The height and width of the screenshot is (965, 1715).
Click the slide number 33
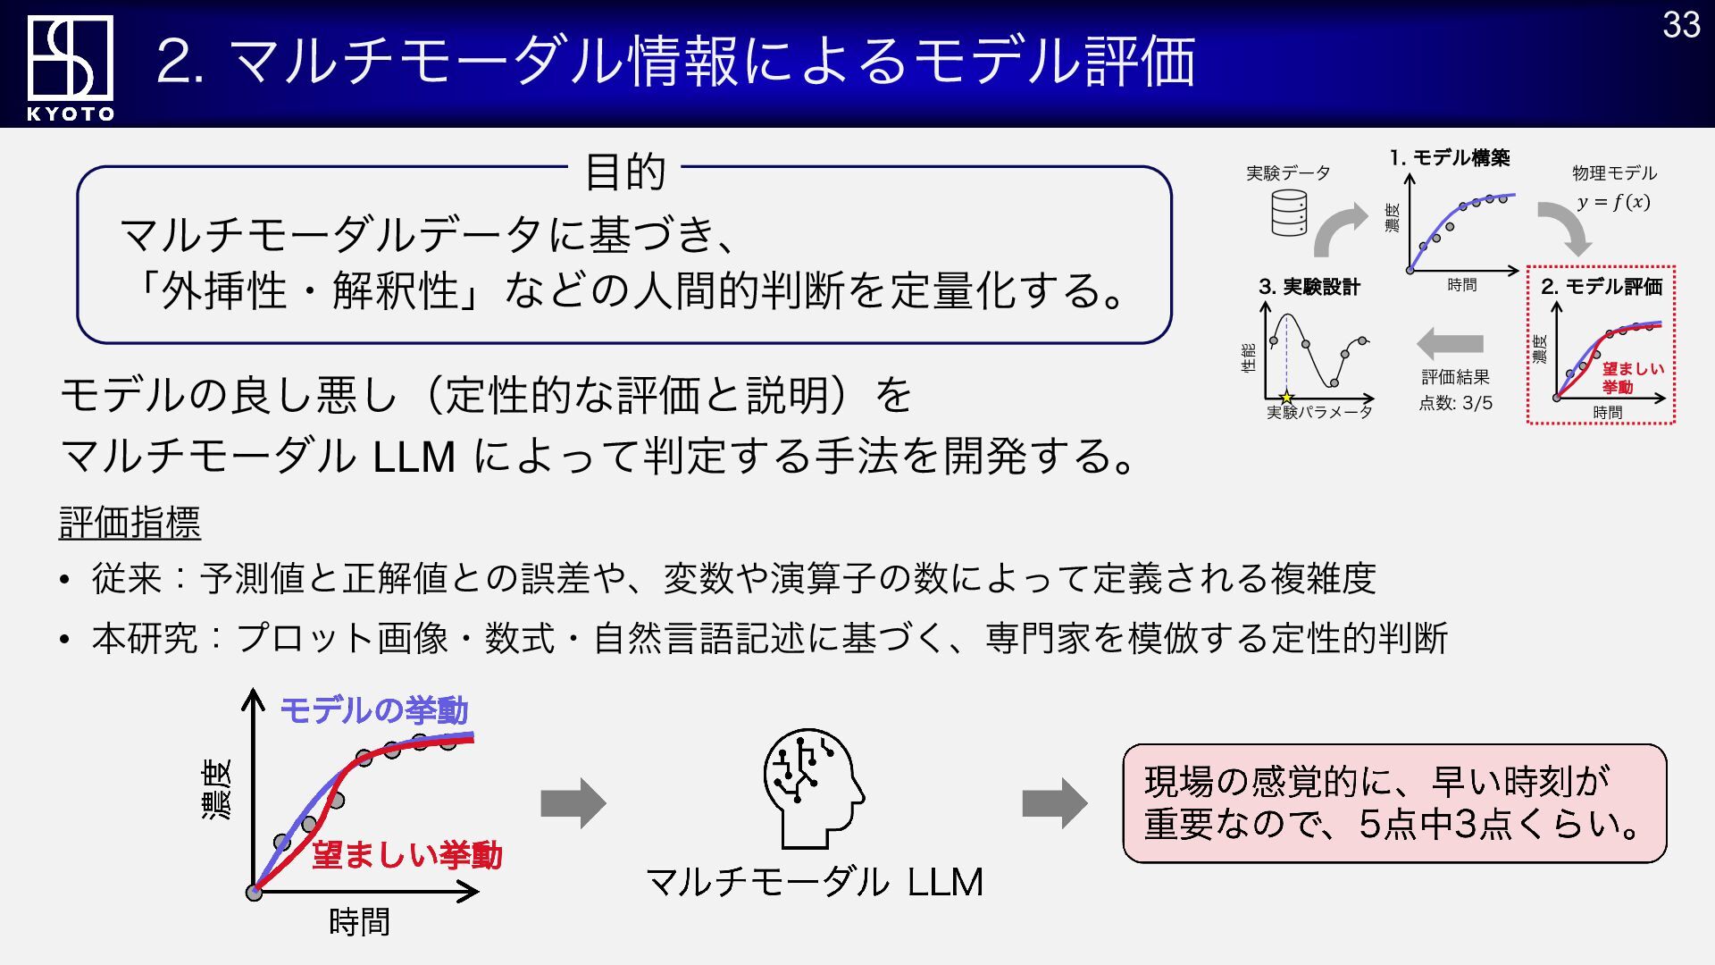[1681, 25]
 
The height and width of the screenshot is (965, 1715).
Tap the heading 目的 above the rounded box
[625, 172]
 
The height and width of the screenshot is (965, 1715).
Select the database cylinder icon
[1289, 213]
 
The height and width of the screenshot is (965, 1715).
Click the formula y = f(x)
[1613, 202]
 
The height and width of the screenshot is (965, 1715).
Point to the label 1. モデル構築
[1450, 158]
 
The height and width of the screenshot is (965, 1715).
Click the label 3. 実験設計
[1309, 287]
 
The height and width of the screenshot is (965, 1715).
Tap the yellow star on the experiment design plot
[1286, 398]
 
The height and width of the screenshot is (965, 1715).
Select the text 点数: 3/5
[1456, 403]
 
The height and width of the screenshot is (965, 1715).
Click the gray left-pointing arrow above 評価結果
[1450, 344]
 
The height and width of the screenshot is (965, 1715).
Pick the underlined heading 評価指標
[130, 523]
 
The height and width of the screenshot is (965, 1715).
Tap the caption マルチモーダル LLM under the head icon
[814, 882]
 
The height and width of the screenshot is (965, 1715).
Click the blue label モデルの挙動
[374, 710]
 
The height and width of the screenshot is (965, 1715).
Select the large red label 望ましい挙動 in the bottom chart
[407, 855]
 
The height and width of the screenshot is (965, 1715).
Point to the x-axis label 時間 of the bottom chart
[359, 922]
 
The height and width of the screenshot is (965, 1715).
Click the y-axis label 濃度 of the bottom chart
[217, 790]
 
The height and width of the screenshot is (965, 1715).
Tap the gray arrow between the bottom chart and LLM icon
[573, 803]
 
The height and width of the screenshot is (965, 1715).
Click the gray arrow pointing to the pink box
[1055, 803]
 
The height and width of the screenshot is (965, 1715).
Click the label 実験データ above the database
[1288, 173]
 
